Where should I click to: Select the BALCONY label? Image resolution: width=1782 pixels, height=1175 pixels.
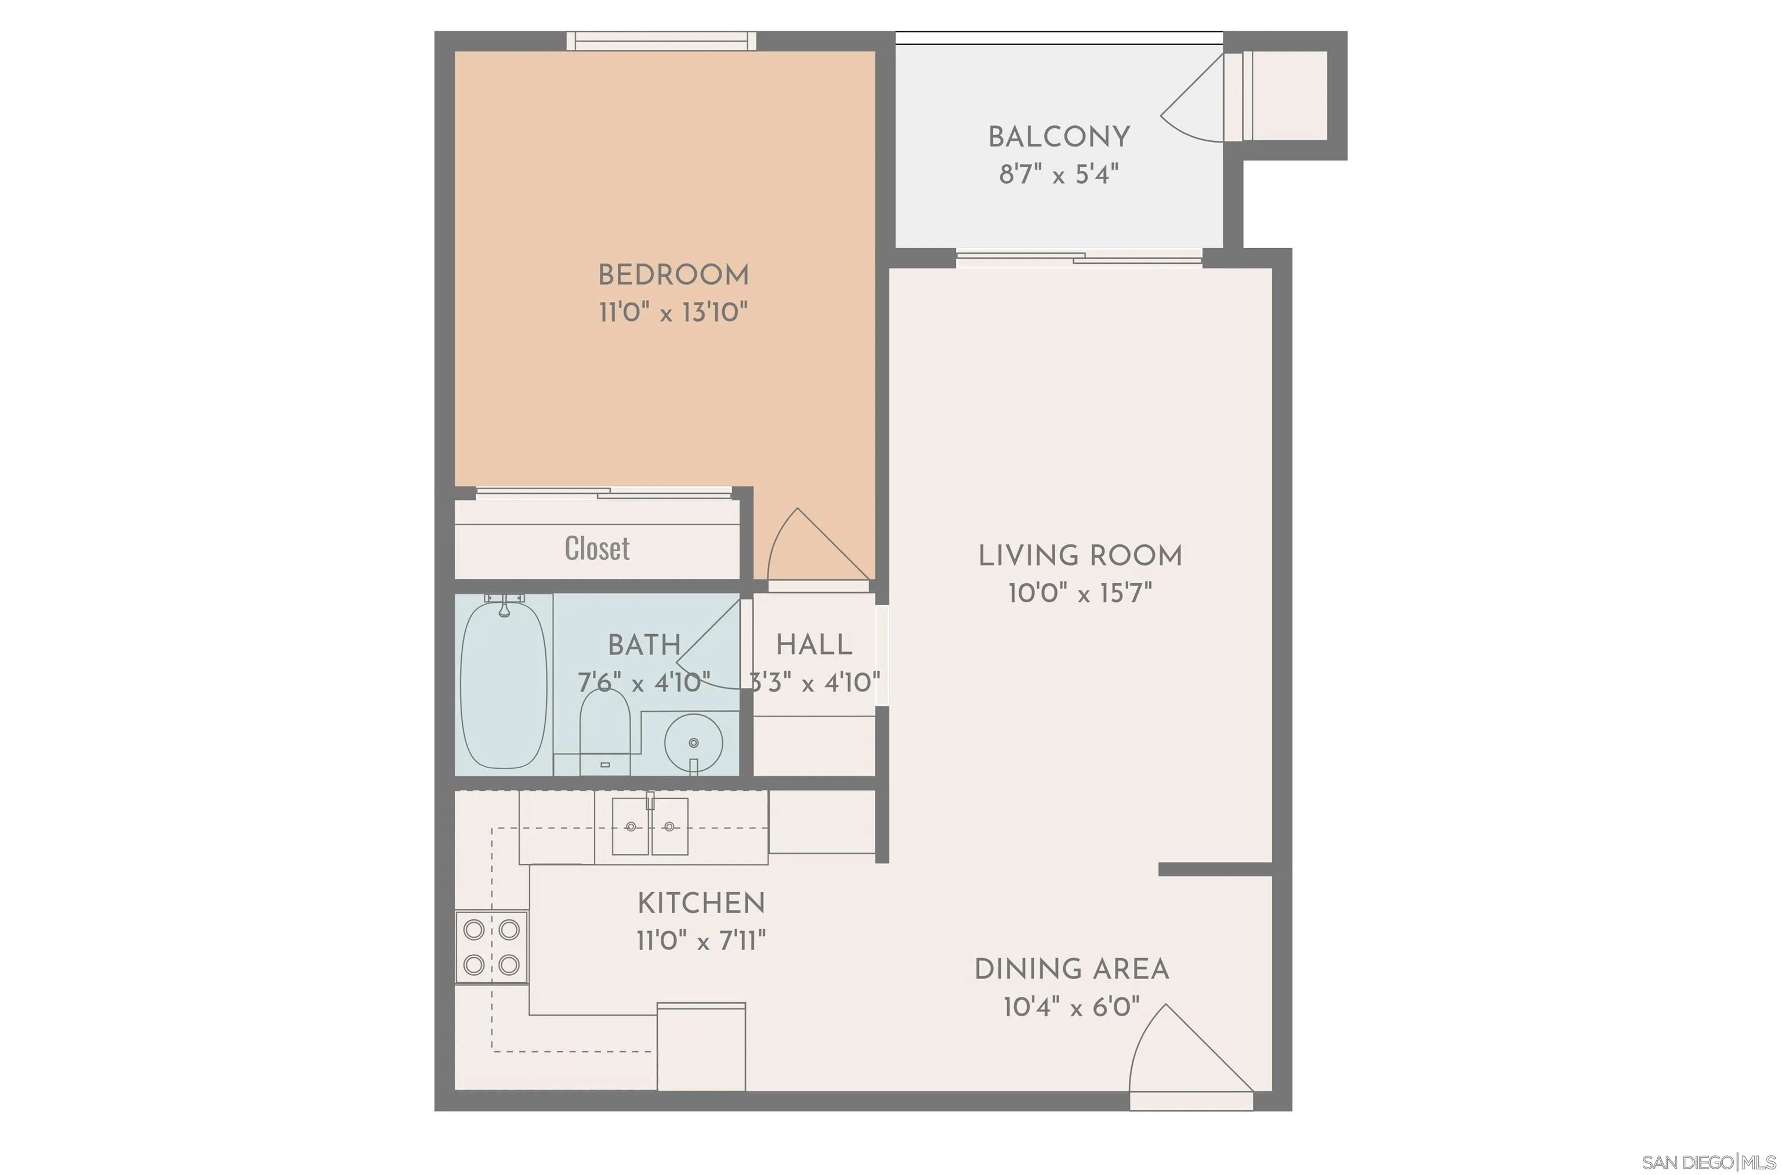coord(1059,137)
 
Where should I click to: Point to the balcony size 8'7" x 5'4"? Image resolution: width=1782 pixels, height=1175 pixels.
coord(1059,174)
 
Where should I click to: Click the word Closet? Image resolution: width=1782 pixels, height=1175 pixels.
coord(597,548)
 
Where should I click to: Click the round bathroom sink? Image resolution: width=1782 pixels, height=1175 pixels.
coord(693,743)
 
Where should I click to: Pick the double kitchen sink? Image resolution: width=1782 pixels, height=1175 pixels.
coord(650,827)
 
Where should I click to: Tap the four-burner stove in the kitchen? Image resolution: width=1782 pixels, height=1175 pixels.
coord(491,947)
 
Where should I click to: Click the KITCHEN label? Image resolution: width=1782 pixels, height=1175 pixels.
coord(701,903)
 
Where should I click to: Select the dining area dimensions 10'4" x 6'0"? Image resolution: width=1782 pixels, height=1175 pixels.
coord(1071,1006)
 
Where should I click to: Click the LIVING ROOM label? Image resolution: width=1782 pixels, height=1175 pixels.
coord(1080,556)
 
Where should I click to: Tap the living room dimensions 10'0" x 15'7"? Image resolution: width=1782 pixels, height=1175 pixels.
coord(1080,594)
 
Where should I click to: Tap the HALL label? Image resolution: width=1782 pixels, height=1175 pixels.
coord(813,645)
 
